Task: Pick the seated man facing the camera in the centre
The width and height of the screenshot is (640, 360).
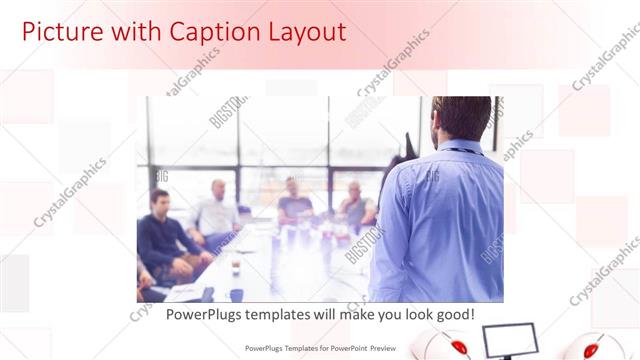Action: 295,201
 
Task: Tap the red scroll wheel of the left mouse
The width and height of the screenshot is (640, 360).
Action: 459,347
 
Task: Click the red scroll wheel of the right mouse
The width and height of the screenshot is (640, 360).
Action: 590,348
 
